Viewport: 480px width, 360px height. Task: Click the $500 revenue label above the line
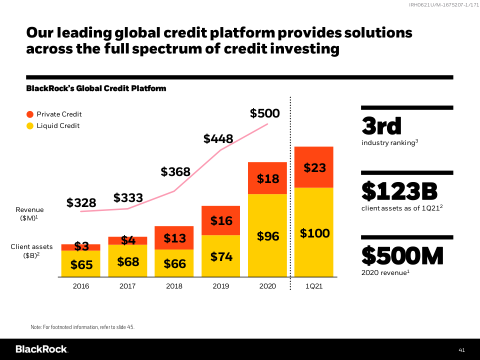[x=265, y=113]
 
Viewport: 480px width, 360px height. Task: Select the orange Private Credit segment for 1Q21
[x=314, y=167]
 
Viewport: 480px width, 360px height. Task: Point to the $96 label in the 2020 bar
[x=268, y=236]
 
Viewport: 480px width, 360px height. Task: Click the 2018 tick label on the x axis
[x=174, y=286]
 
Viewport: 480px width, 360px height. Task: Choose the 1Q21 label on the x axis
[x=313, y=286]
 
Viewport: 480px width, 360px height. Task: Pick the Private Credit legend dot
[x=30, y=114]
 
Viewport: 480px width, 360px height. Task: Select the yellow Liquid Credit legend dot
[x=30, y=126]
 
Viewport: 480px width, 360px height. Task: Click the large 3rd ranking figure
[x=381, y=126]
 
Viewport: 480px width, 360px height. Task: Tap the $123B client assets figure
[x=399, y=191]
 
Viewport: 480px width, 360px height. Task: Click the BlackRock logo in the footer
[x=41, y=349]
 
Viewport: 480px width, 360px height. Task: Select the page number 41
[x=462, y=349]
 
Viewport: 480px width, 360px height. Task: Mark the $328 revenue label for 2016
[x=81, y=202]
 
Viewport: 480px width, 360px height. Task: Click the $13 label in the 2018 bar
[x=174, y=238]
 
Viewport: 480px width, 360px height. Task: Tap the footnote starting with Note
[x=82, y=327]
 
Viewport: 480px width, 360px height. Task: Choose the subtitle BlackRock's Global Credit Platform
[x=96, y=88]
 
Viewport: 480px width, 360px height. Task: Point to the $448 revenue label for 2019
[x=218, y=139]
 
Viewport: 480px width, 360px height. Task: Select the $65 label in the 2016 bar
[x=81, y=265]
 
